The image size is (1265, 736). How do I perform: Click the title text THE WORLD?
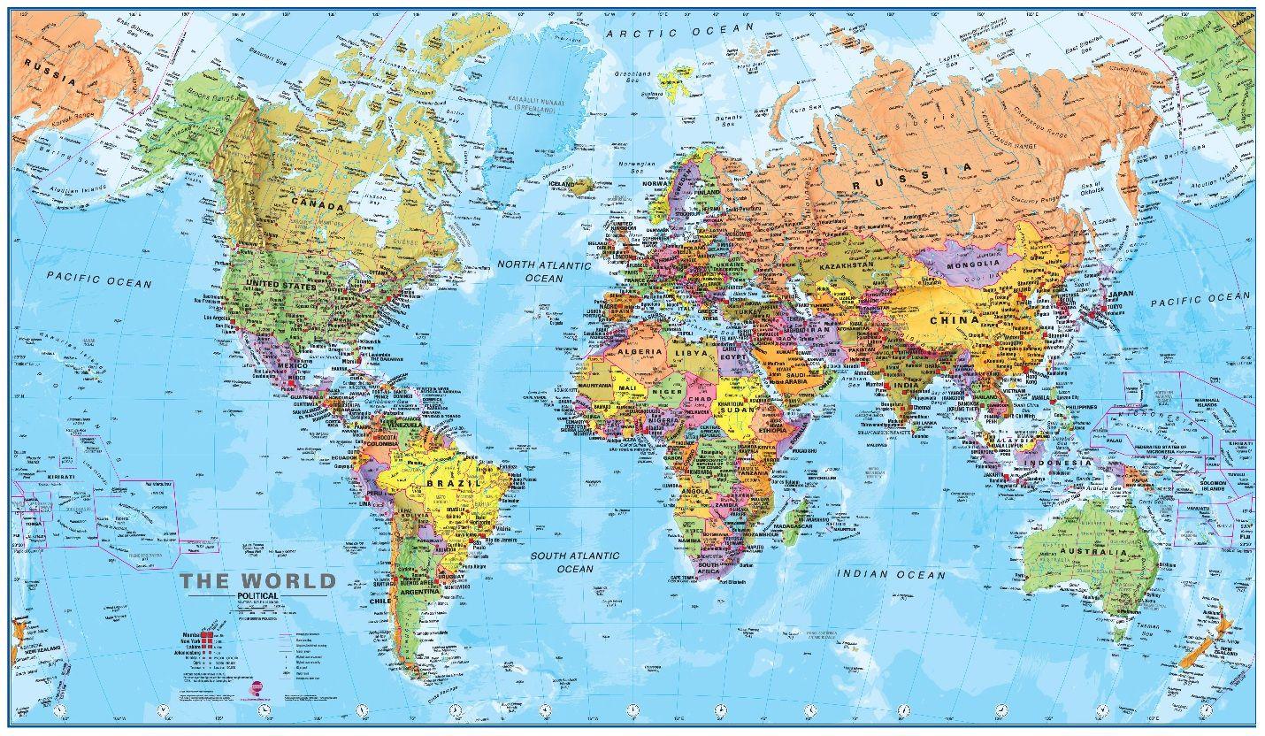258,581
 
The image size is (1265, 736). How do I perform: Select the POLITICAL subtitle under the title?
257,597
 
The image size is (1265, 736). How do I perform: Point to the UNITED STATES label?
280,286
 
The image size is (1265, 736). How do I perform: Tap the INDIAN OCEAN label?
891,574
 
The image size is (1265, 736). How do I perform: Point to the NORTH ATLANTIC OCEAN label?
543,272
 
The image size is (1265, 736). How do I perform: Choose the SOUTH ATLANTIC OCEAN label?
575,562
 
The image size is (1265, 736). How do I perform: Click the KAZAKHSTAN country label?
847,264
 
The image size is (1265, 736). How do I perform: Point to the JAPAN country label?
1121,294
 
